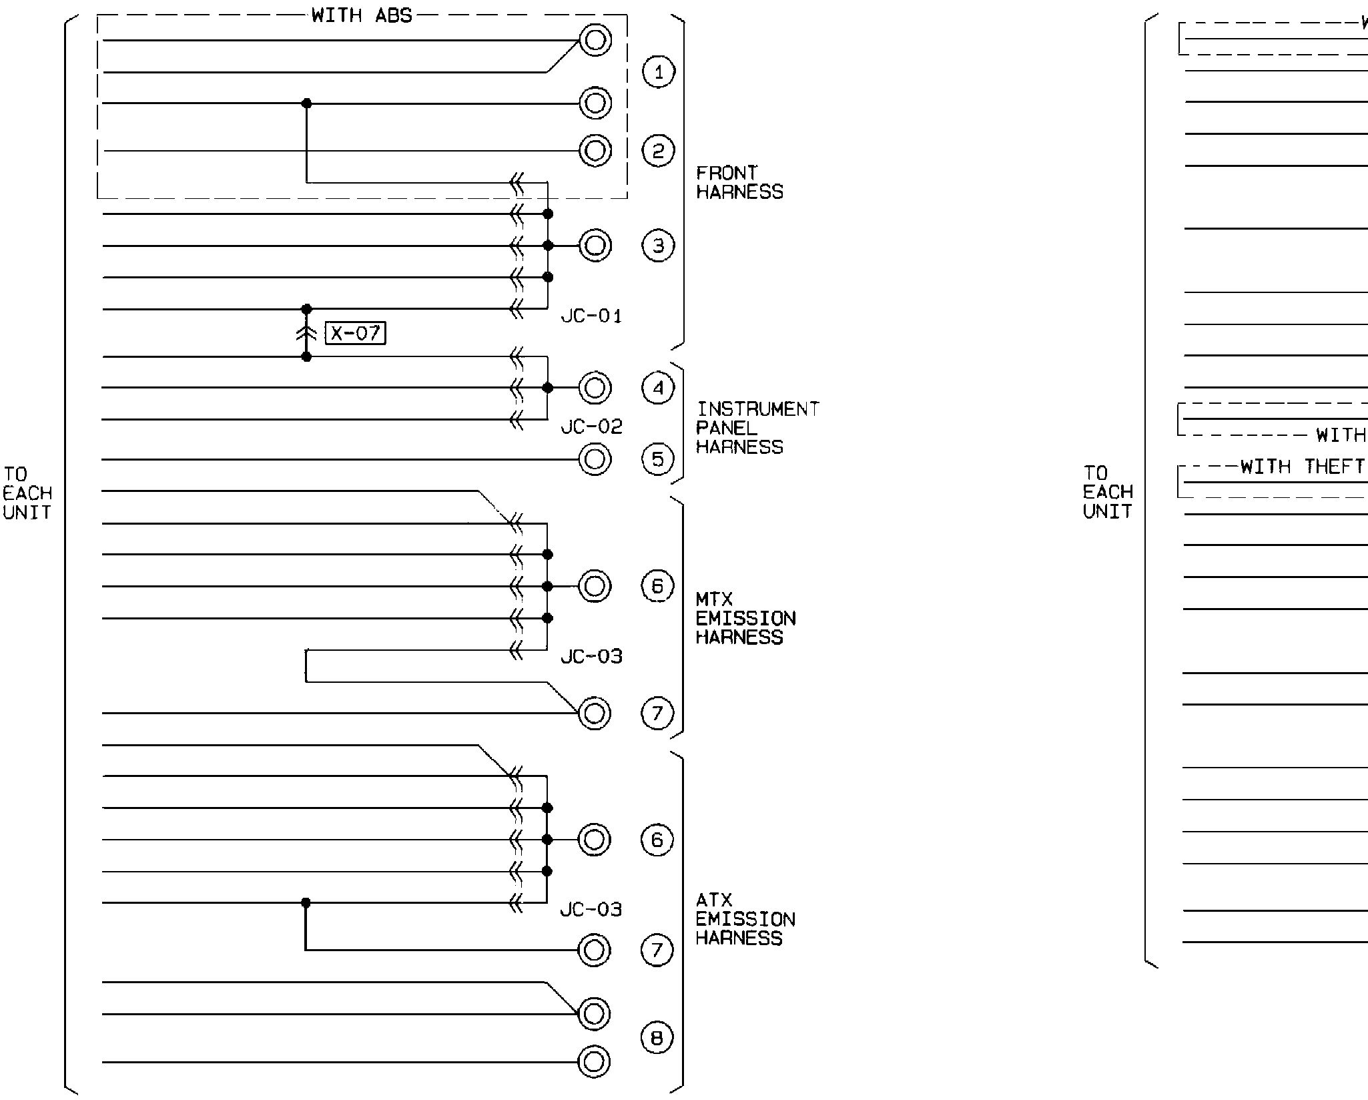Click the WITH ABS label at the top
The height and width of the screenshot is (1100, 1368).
point(362,15)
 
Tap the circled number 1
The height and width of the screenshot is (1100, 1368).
point(659,72)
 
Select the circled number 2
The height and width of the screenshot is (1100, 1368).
point(658,151)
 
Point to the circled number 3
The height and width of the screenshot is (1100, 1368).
point(658,246)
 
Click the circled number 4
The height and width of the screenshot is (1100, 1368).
point(658,388)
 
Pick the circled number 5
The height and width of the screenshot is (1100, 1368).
point(657,459)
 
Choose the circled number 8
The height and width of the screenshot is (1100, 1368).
point(657,1038)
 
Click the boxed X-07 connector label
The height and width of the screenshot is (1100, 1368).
point(356,332)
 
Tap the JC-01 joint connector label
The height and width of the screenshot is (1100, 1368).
point(591,316)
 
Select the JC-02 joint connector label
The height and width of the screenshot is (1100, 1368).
point(591,427)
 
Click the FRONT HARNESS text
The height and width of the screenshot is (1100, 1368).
point(739,182)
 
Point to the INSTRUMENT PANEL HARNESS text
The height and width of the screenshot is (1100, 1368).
point(757,428)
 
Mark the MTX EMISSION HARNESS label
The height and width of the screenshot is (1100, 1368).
point(745,618)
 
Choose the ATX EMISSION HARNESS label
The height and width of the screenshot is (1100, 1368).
point(745,919)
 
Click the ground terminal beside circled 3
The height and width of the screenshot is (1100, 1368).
point(595,246)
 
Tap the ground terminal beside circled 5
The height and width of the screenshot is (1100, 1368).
point(595,459)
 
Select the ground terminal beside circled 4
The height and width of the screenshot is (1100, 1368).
point(595,388)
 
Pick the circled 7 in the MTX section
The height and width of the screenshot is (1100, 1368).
point(657,714)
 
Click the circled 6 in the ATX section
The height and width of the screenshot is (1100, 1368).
point(657,840)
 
